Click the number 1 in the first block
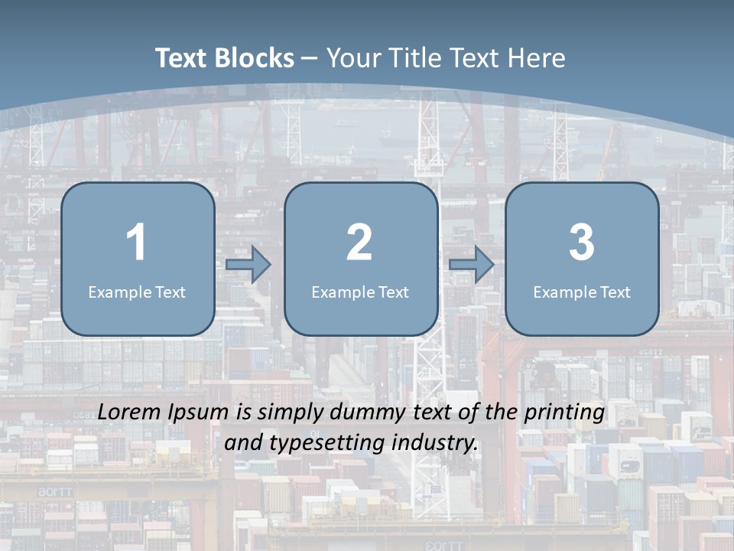tap(137, 243)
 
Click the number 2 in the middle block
tap(359, 243)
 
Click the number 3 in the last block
tap(581, 243)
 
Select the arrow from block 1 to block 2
tap(248, 264)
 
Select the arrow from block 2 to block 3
tap(472, 264)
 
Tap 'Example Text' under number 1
tap(137, 292)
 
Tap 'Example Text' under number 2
tap(360, 292)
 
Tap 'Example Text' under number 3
tap(582, 292)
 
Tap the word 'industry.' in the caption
tap(437, 443)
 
